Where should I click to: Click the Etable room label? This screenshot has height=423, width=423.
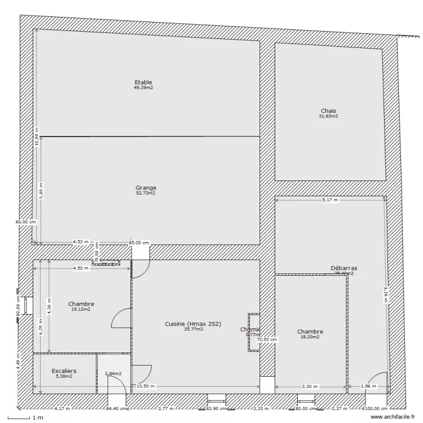pos(143,82)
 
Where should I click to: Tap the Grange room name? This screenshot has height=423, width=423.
pos(146,188)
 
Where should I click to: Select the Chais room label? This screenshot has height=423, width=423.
pos(328,111)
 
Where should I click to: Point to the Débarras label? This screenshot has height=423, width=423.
pos(343,268)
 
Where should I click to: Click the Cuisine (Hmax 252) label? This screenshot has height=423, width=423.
pos(193,324)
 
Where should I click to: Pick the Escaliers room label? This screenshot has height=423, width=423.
pos(64,371)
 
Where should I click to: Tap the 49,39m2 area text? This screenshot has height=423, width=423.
pos(144,88)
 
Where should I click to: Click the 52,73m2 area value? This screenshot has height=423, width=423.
pos(146,193)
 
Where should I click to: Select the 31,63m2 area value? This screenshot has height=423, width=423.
pos(328,117)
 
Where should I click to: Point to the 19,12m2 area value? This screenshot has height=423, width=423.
pos(81,310)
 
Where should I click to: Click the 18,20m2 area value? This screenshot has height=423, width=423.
pos(310,337)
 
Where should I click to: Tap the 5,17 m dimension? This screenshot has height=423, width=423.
pos(330,200)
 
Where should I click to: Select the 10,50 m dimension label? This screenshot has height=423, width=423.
pos(146,386)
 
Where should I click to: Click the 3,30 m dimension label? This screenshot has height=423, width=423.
pos(310,386)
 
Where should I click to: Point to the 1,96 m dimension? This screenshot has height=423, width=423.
pos(368,386)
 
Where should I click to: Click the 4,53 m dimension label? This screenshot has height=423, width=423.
pos(81,243)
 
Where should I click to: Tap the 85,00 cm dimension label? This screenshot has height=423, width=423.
pos(139,243)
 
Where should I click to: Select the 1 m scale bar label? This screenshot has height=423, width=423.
pos(38,417)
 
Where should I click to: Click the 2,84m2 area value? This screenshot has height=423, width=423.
pos(114,373)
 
